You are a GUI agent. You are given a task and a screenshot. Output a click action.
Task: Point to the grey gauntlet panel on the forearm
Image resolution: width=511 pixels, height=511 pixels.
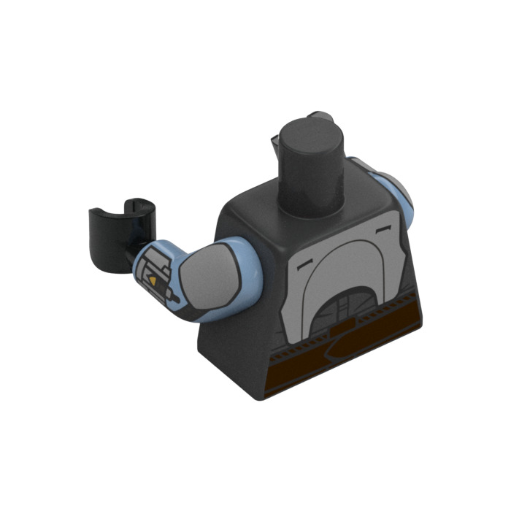tap(156, 273)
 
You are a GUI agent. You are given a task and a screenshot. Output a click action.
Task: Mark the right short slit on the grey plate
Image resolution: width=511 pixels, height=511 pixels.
tap(383, 229)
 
